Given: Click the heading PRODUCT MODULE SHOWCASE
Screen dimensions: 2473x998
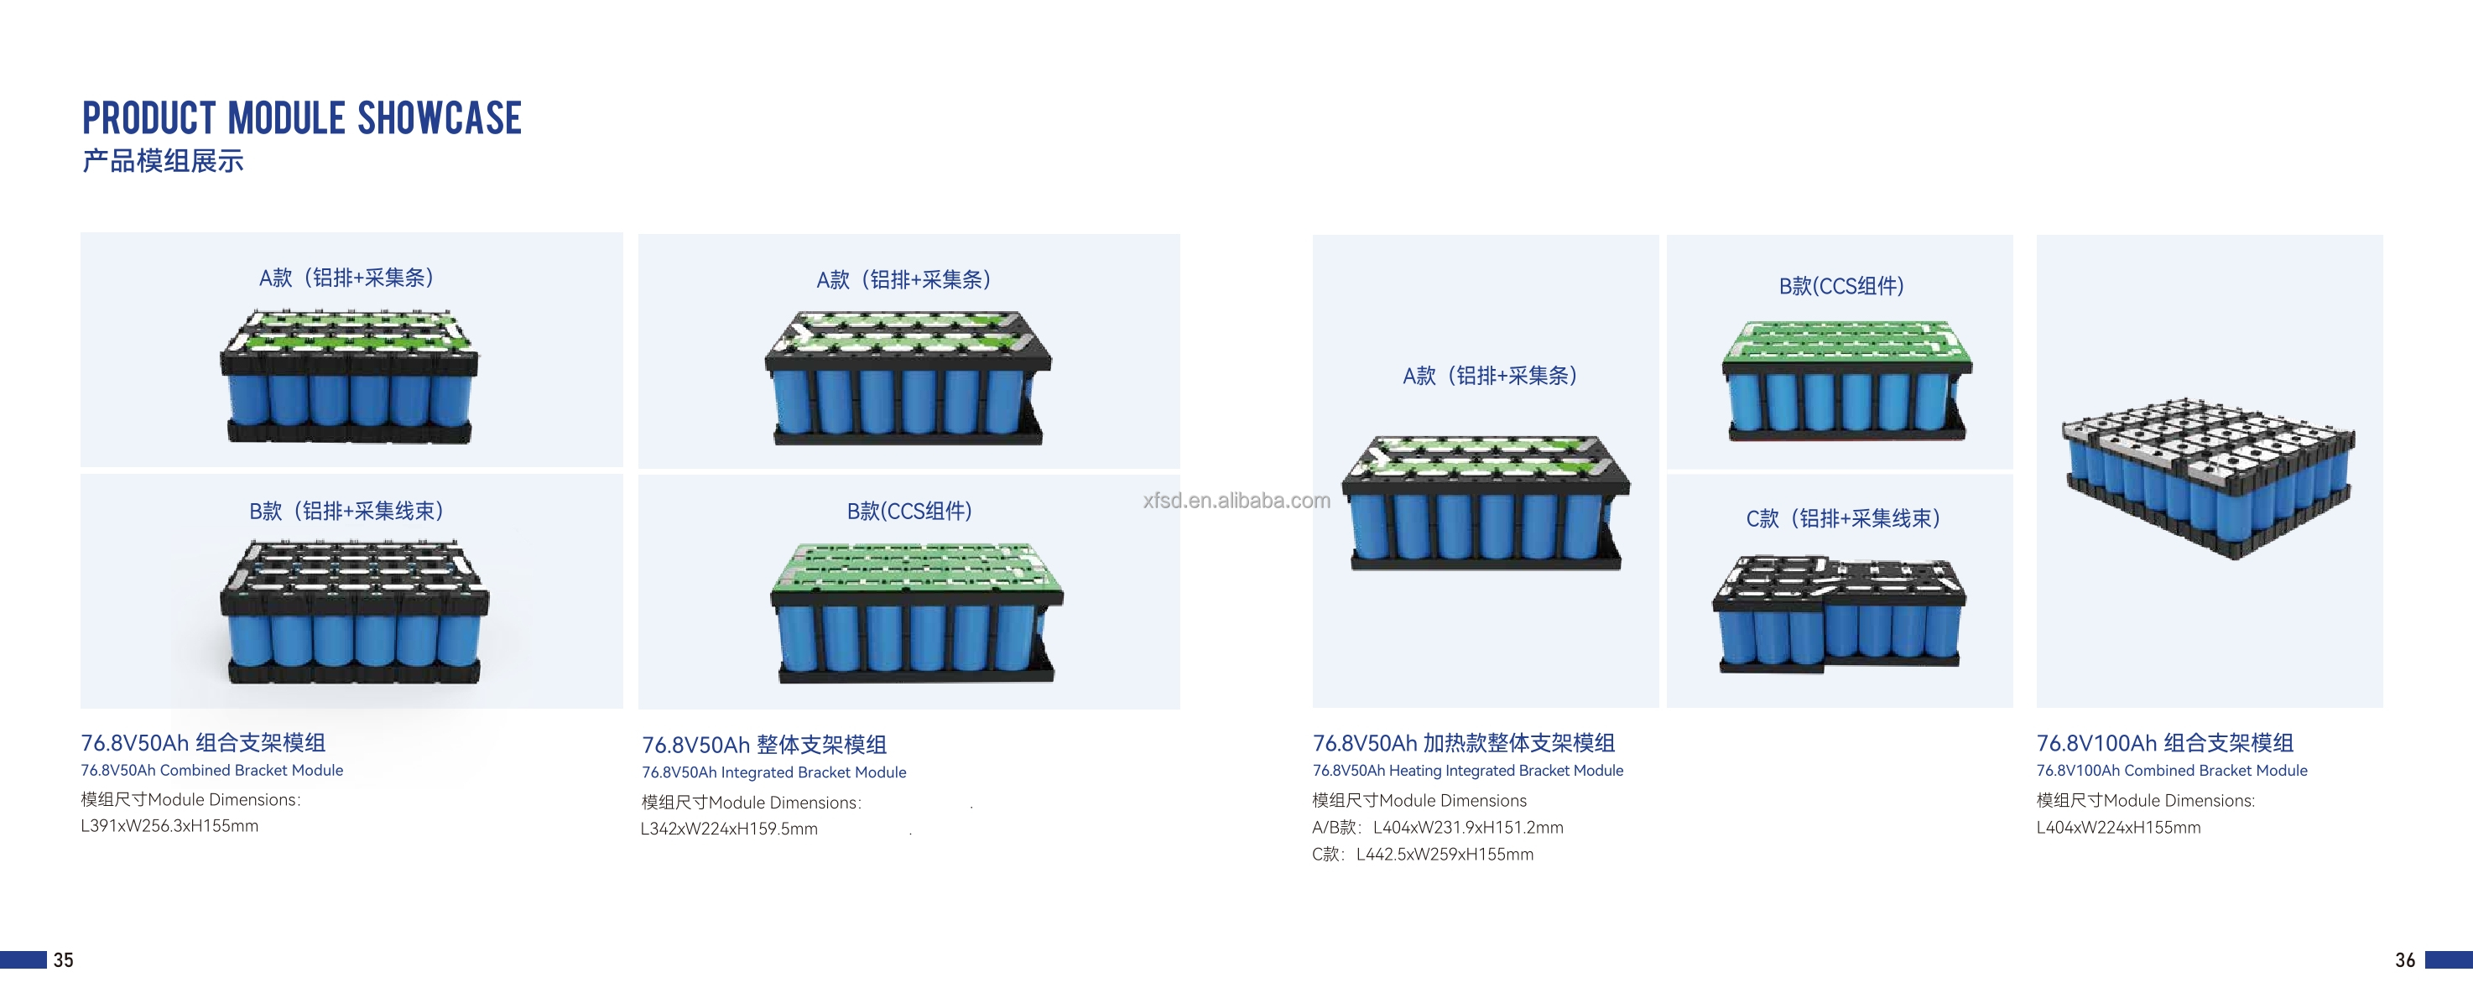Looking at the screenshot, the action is coord(301,118).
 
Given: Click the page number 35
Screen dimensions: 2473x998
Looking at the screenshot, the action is coord(64,959).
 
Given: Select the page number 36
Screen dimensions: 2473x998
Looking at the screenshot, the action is coord(2405,959).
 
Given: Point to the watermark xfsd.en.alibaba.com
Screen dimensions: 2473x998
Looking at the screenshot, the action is coord(1236,500).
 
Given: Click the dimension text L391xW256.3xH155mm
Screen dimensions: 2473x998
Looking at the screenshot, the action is coord(170,825).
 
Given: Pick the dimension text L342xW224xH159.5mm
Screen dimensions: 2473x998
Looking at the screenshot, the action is coord(729,828).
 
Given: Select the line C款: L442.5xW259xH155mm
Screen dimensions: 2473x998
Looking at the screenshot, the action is coord(1423,854).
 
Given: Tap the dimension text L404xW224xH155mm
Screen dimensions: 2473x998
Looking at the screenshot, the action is coord(2119,827).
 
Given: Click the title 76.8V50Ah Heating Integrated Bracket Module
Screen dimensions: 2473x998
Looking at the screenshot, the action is coord(1468,771).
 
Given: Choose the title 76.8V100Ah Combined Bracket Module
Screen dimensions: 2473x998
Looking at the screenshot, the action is coord(2172,771).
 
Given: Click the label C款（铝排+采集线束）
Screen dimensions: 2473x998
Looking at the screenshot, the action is coord(1842,518).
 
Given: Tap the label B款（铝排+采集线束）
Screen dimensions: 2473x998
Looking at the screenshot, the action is coord(346,511).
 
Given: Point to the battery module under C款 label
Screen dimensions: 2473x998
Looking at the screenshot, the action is coord(1840,613).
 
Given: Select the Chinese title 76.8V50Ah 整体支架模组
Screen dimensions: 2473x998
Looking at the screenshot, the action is coord(764,745).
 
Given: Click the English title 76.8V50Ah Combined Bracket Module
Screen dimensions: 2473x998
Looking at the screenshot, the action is coord(212,771).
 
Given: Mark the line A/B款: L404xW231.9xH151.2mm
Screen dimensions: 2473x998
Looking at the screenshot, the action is coord(1437,827).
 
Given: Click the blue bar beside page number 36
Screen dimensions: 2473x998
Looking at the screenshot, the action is coord(2448,959).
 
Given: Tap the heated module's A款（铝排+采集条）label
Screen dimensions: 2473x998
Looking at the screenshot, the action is coord(1490,375).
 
